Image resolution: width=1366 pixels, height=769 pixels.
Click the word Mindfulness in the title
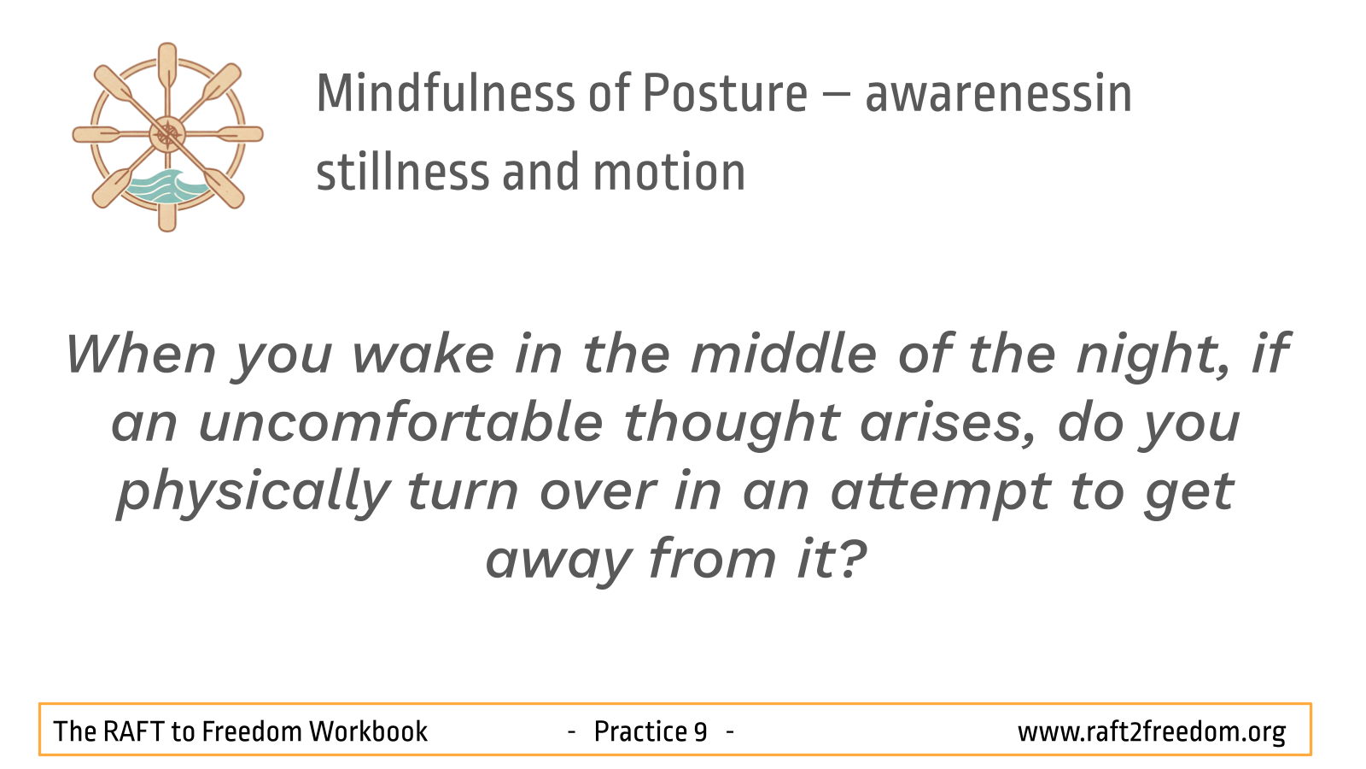click(x=446, y=93)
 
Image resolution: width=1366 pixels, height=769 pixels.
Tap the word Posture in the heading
click(x=725, y=93)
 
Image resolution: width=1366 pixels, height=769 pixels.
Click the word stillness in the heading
click(x=403, y=172)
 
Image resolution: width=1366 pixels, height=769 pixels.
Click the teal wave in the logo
click(x=166, y=185)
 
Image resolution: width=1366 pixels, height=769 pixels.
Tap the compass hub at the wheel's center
click(x=167, y=134)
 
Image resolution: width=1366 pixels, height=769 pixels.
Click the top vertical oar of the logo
click(x=167, y=68)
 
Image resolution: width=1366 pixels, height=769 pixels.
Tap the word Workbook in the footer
click(x=368, y=731)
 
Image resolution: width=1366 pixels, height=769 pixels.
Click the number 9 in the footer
click(x=700, y=731)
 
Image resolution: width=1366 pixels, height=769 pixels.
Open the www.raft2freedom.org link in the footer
click(x=1152, y=732)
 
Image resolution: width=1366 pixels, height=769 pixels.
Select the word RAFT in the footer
click(x=133, y=731)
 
